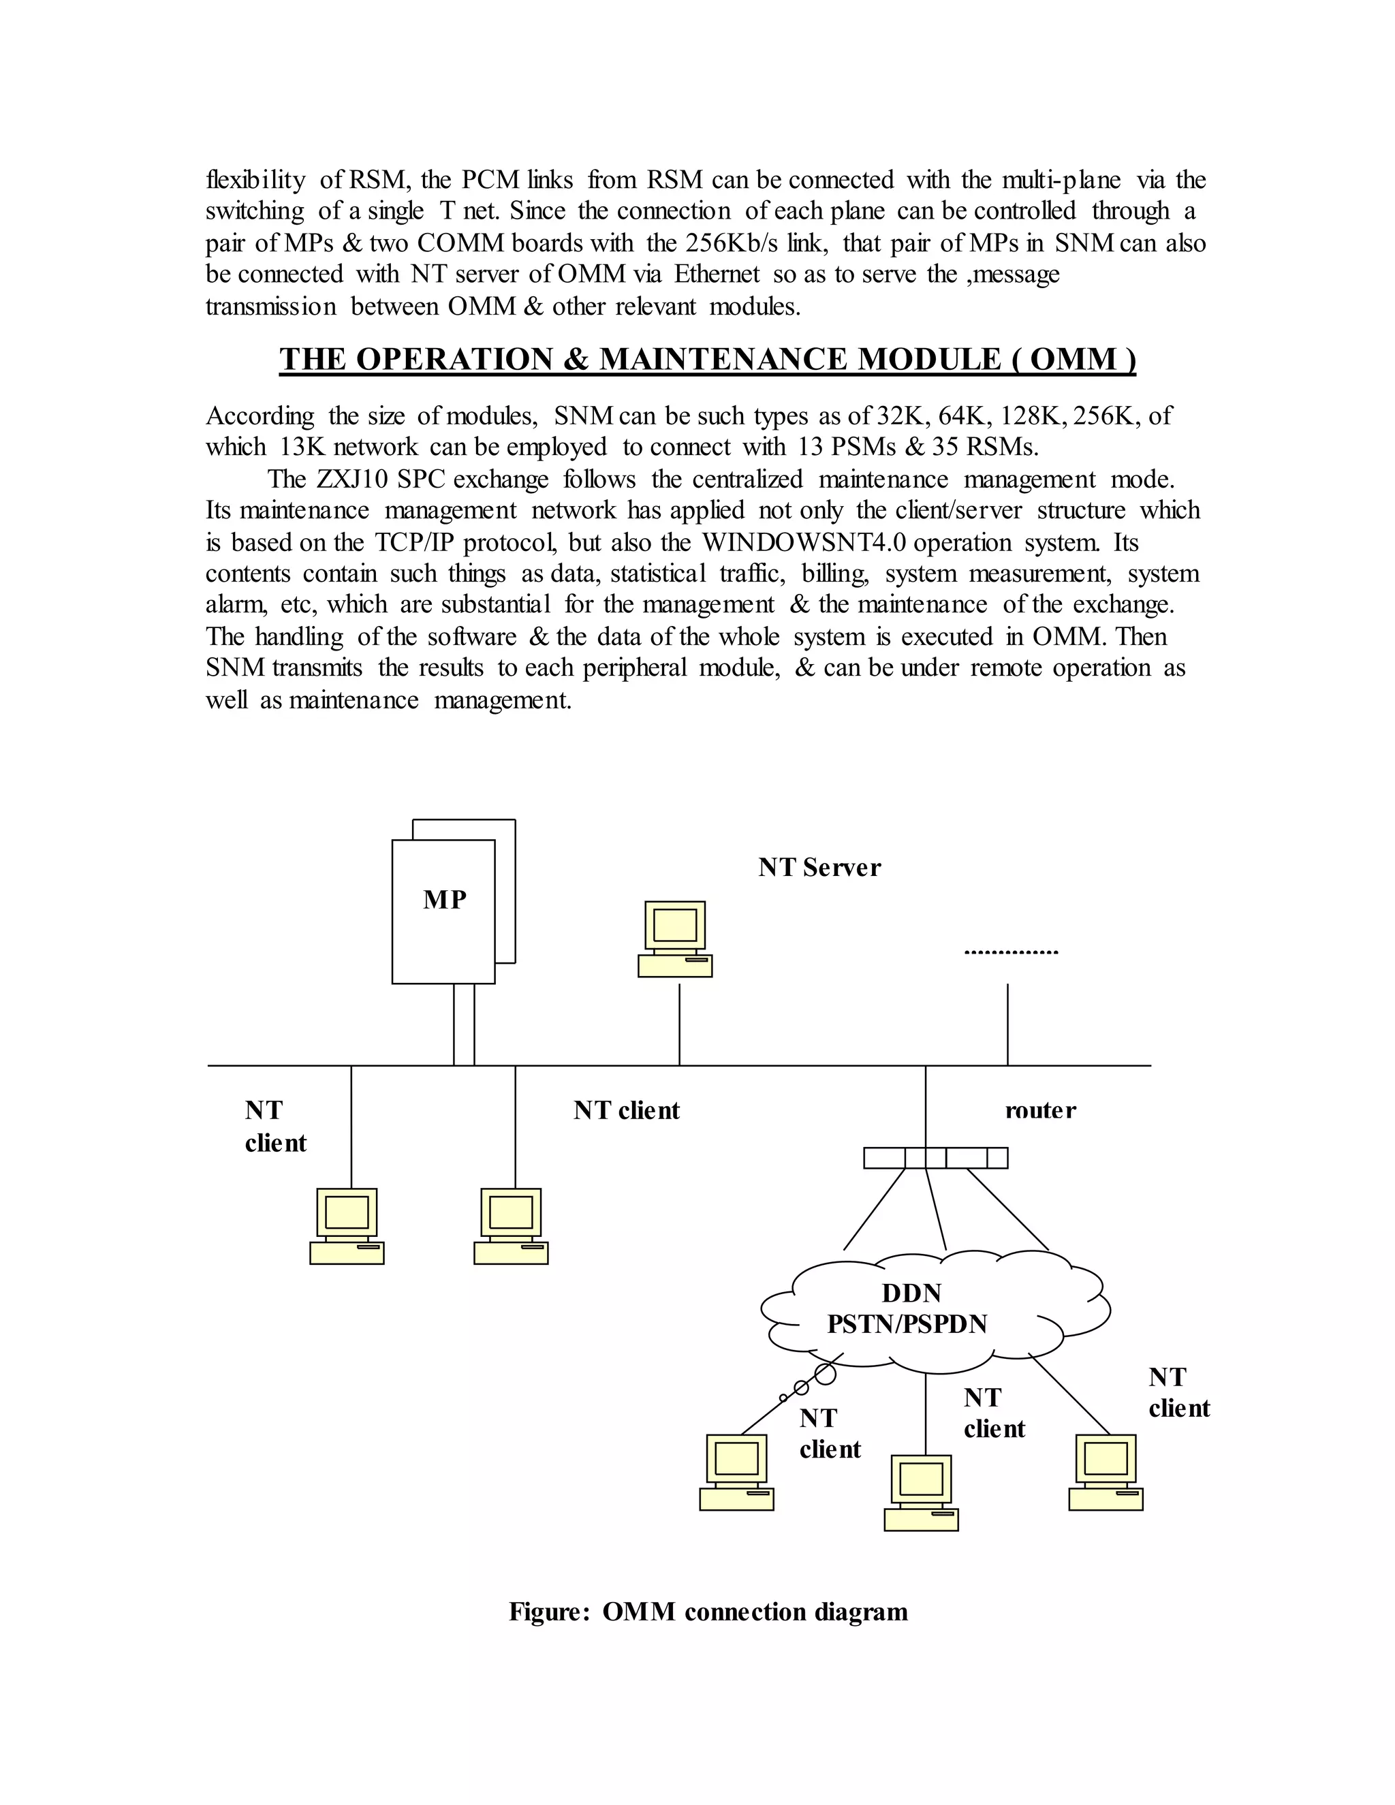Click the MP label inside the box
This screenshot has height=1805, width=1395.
point(445,899)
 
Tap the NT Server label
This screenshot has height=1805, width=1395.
point(819,867)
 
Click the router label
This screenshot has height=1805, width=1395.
point(1039,1110)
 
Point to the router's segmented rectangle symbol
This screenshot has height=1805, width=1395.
point(935,1158)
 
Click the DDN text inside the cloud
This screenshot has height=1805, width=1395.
point(911,1293)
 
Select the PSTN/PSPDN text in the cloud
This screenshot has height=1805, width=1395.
point(907,1324)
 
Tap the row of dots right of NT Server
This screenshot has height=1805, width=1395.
point(1011,952)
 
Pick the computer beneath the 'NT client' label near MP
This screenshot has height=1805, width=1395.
point(511,1227)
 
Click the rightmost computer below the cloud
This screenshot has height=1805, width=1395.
point(1106,1473)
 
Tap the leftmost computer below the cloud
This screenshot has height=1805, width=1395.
point(736,1473)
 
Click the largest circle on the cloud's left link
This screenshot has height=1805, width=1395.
point(825,1375)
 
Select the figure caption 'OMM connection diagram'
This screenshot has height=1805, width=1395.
point(755,1612)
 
